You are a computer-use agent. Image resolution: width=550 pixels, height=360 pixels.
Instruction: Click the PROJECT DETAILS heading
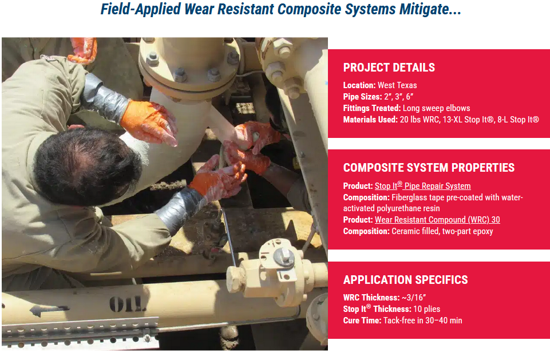click(389, 68)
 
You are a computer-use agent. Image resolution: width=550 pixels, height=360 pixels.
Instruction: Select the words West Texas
click(397, 85)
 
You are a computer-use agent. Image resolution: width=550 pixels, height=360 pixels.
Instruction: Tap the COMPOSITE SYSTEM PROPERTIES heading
click(429, 168)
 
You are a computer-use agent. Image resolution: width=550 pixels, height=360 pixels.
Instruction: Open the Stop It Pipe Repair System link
click(423, 185)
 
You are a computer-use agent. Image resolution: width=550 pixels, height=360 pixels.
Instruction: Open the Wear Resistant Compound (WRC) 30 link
click(437, 220)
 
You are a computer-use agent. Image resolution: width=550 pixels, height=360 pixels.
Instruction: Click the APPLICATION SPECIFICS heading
click(405, 280)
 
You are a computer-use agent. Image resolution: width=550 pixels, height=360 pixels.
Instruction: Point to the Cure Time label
click(362, 321)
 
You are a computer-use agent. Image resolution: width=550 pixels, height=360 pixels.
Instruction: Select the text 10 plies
click(426, 309)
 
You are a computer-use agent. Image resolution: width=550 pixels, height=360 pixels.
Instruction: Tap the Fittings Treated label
click(372, 108)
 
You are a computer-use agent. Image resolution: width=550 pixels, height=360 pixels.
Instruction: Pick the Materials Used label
click(370, 120)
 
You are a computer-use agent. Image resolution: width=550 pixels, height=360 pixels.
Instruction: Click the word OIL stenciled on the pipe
click(126, 304)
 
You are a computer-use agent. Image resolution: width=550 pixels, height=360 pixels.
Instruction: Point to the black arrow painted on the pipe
click(49, 310)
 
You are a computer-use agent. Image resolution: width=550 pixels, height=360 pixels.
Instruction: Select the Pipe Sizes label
click(362, 97)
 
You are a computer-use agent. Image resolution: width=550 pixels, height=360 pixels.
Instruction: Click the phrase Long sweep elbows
click(436, 108)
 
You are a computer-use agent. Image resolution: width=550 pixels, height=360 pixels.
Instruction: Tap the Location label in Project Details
click(359, 85)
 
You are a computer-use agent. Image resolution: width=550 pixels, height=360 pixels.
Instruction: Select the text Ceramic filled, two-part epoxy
click(442, 231)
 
